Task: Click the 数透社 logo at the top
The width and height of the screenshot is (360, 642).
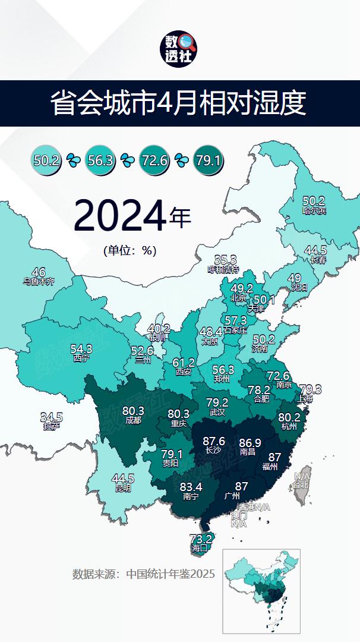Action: click(180, 49)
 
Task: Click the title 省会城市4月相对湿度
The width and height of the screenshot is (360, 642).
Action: click(180, 103)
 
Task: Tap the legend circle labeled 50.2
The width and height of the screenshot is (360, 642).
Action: click(46, 160)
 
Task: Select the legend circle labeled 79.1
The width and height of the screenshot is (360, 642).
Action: click(209, 160)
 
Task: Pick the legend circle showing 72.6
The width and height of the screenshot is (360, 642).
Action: click(154, 160)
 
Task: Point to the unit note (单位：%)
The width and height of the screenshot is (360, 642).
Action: click(130, 251)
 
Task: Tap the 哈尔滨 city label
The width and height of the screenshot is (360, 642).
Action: click(314, 210)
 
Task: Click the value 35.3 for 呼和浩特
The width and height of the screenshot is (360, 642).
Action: click(225, 260)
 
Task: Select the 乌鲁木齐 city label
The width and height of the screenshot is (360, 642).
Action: click(39, 282)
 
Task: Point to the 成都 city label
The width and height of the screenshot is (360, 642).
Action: click(132, 420)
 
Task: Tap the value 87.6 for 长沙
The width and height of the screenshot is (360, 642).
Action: click(214, 441)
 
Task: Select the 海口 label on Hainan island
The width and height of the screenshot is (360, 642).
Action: click(200, 549)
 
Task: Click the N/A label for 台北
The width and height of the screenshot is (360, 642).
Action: click(302, 476)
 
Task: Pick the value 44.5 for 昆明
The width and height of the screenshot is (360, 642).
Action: click(123, 479)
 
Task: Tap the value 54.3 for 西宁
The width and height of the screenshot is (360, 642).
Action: click(81, 349)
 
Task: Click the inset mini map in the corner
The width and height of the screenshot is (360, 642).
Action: click(261, 591)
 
